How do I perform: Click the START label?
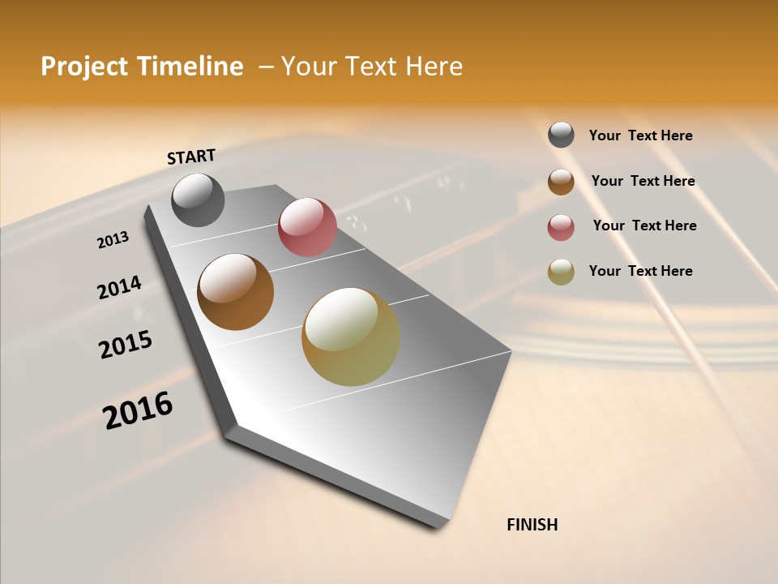click(191, 157)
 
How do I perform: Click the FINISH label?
click(532, 525)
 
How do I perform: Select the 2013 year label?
click(113, 240)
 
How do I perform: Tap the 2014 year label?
click(120, 287)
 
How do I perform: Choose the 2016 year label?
click(138, 410)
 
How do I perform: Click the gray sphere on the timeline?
click(198, 200)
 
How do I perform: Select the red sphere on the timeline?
click(307, 227)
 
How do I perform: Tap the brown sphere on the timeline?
click(236, 292)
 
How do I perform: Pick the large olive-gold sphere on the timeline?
click(351, 337)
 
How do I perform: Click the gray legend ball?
click(561, 135)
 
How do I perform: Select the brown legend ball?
click(561, 181)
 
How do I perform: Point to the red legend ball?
click(561, 226)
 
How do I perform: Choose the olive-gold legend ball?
click(561, 272)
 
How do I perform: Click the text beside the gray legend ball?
click(640, 135)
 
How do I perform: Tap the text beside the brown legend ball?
click(643, 181)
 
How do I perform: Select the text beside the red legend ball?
click(644, 225)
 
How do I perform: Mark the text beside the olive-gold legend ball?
click(640, 271)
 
